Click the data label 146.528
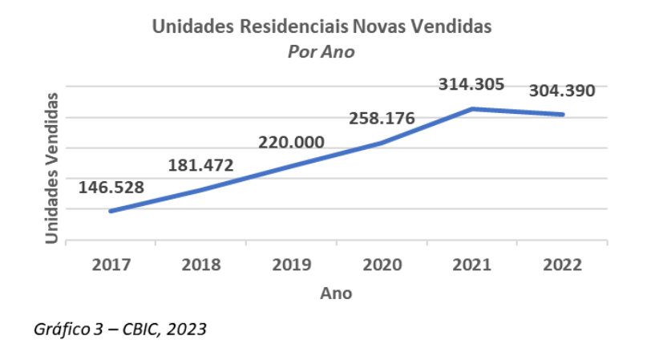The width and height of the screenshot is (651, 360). point(111,188)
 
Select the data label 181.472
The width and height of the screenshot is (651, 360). point(200,166)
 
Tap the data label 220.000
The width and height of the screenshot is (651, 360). point(291,143)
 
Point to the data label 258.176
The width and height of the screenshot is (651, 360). point(382,119)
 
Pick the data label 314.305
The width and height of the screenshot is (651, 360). point(471,83)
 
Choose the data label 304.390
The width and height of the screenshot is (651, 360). point(562,91)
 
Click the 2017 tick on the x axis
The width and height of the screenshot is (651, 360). point(111,265)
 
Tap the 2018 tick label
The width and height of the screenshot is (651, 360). point(200,265)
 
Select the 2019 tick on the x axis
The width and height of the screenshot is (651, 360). point(291,265)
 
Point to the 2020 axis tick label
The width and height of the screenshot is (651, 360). point(382,265)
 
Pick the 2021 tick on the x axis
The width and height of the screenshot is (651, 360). point(471,265)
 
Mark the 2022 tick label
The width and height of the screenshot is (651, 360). point(562,265)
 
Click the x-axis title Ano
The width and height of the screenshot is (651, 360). point(336,293)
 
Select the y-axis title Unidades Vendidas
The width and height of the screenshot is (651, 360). point(51,168)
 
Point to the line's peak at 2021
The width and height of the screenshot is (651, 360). point(472,108)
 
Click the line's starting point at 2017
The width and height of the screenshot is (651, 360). point(111,211)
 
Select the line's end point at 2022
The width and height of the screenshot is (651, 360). point(563,114)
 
